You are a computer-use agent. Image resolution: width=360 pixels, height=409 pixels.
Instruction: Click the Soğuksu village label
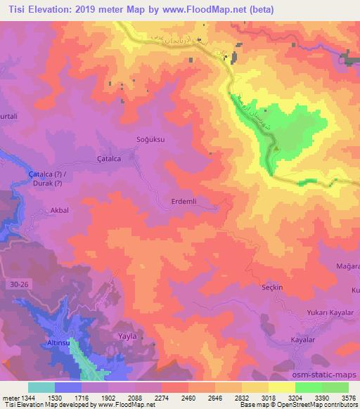(150, 140)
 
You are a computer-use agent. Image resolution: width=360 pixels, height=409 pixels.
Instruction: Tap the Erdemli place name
(185, 201)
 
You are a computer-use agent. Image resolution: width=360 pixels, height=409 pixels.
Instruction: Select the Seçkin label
(271, 287)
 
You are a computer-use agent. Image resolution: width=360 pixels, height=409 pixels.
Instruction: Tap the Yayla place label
(127, 337)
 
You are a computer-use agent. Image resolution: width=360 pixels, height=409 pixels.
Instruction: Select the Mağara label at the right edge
(349, 266)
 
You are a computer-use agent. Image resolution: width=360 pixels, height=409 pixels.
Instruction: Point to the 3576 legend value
(348, 397)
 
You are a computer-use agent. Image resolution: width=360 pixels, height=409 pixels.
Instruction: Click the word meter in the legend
(8, 397)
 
